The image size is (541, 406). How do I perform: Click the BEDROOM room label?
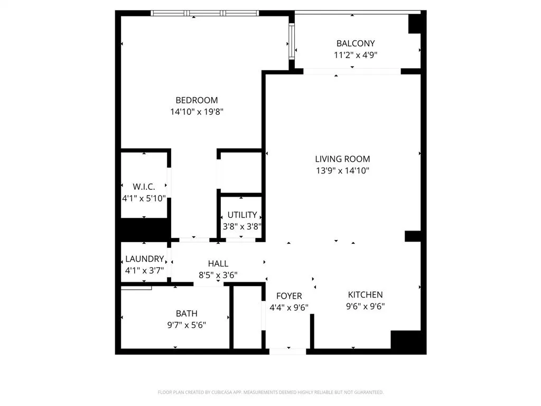[x=197, y=100]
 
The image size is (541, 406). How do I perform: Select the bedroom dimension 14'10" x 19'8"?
[x=197, y=112]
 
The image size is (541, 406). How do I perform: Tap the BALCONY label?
[x=355, y=43]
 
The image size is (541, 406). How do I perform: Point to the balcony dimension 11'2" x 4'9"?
[x=355, y=54]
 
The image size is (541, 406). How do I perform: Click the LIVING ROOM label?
[x=342, y=159]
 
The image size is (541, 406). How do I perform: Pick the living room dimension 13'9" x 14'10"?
[x=342, y=170]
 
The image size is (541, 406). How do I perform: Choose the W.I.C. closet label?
[x=144, y=187]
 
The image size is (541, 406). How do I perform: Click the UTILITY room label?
[x=242, y=215]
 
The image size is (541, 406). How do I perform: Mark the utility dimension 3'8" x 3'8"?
[x=242, y=226]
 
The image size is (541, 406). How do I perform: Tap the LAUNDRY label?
[x=144, y=259]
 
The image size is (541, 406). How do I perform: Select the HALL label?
[x=218, y=263]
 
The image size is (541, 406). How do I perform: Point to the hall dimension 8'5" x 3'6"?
[x=218, y=275]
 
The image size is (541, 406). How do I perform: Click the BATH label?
[x=186, y=313]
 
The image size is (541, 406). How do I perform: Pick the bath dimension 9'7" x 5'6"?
[x=186, y=325]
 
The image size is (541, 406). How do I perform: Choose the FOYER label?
[x=289, y=296]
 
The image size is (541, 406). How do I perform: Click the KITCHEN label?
[x=365, y=294]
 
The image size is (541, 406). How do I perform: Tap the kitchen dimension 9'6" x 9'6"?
[x=365, y=306]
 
